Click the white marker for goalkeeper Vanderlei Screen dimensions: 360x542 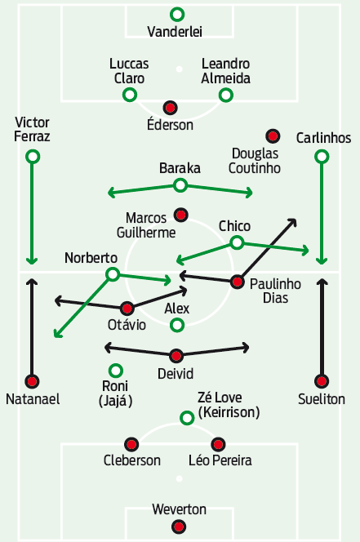[x=177, y=15]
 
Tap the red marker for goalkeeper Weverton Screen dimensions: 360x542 [x=179, y=526]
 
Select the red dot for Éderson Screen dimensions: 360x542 [x=170, y=108]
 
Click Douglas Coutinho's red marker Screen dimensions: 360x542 [x=273, y=136]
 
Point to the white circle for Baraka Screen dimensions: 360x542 [x=180, y=185]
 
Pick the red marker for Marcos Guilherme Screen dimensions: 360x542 [x=180, y=215]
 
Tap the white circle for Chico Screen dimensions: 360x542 [x=237, y=242]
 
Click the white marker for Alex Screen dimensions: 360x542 [x=177, y=325]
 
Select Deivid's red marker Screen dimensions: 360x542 [x=176, y=356]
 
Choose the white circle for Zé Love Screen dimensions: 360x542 [x=187, y=418]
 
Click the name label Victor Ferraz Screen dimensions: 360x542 [x=32, y=129]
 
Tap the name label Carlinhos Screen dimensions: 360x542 [x=324, y=138]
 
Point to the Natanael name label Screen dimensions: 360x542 [x=33, y=399]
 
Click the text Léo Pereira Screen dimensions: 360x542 [x=220, y=460]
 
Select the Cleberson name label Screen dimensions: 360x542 [x=132, y=460]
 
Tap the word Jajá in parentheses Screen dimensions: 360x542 [x=115, y=401]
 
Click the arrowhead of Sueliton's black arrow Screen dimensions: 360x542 [x=322, y=282]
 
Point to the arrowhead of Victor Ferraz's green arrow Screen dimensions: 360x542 [x=32, y=261]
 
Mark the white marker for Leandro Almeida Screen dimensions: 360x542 [x=226, y=95]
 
